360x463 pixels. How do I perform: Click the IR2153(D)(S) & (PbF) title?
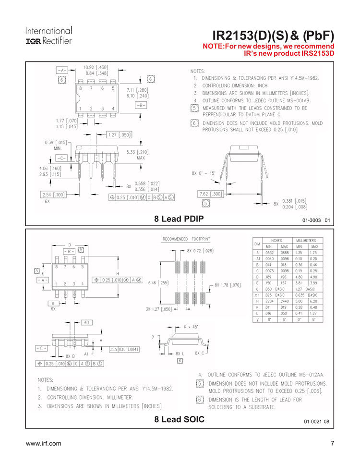click(273, 36)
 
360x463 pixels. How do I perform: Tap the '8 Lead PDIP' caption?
click(179, 219)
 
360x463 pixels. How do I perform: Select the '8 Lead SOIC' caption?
click(179, 419)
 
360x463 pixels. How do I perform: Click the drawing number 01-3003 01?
click(316, 220)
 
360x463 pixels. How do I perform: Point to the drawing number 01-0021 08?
click(316, 421)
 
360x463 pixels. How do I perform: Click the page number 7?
click(332, 443)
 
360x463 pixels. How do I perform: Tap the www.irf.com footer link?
click(43, 443)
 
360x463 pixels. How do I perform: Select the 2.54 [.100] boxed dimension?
click(53, 195)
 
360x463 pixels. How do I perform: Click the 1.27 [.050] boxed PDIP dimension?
click(119, 135)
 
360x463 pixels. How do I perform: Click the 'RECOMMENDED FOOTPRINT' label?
click(186, 239)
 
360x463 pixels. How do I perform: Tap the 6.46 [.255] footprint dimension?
click(158, 283)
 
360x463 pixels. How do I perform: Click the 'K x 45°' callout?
click(192, 326)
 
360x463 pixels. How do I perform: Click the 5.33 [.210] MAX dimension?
click(137, 155)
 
